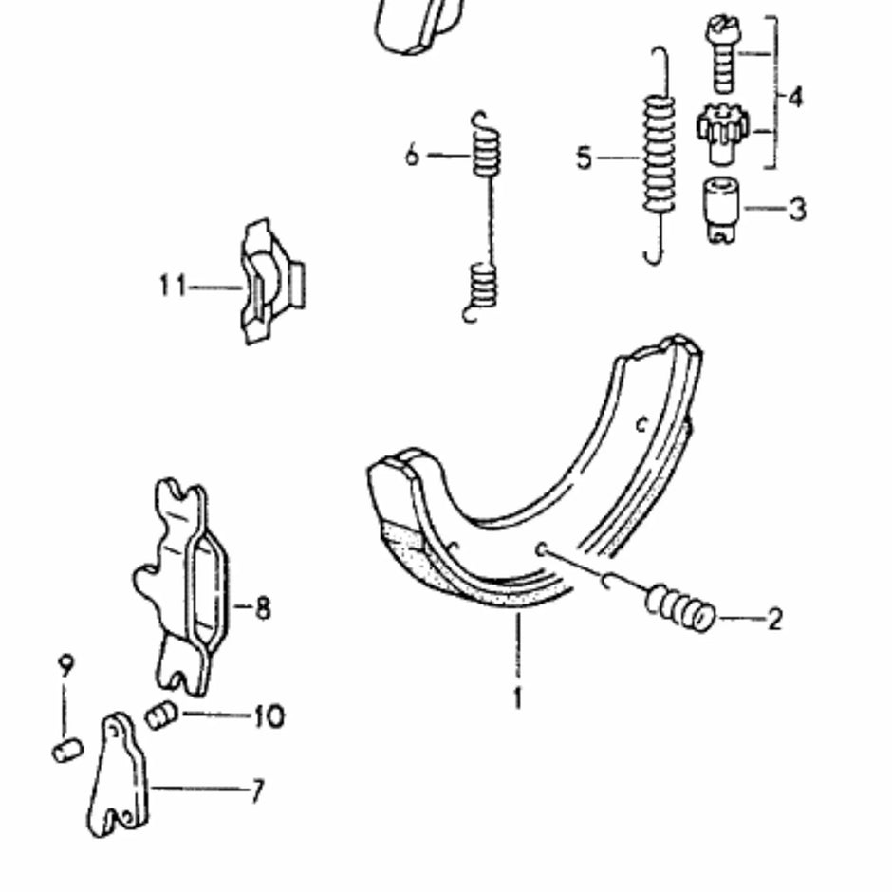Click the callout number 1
click(x=517, y=698)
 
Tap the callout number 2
click(x=774, y=620)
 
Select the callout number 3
click(x=796, y=208)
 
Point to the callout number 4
click(x=794, y=97)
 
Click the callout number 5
click(x=585, y=158)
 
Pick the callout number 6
click(x=411, y=155)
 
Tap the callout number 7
click(x=256, y=790)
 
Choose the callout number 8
click(x=262, y=607)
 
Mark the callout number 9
click(x=65, y=667)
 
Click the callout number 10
click(x=269, y=715)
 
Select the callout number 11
click(x=172, y=285)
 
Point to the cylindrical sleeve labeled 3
click(x=722, y=204)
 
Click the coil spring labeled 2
click(x=680, y=608)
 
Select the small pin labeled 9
click(x=66, y=751)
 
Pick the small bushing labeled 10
click(x=161, y=714)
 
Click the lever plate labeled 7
click(x=121, y=778)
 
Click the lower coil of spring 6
click(x=484, y=285)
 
